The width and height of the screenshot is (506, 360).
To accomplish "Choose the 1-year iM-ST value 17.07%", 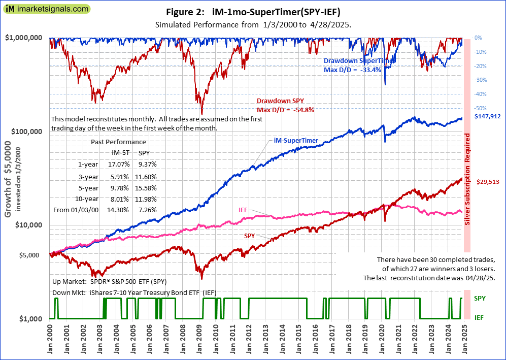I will point(121,165).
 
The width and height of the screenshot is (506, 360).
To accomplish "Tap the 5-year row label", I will point(88,188).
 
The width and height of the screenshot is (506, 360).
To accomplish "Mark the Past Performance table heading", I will point(118,142).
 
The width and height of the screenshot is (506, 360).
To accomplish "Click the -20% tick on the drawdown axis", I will point(479,66).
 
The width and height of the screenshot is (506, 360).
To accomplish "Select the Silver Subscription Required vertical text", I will point(467,180).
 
